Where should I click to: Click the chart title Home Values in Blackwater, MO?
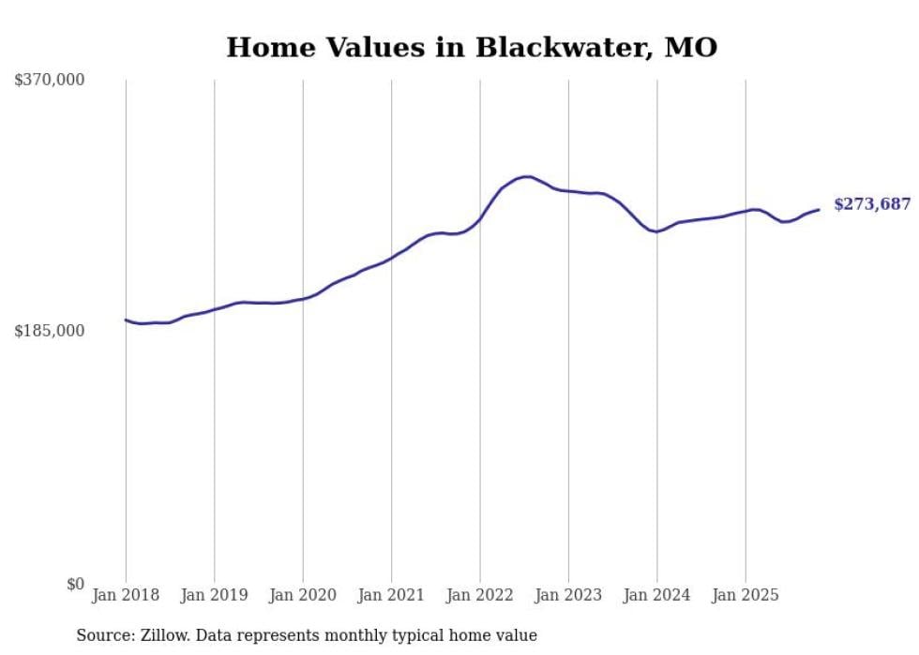(x=472, y=47)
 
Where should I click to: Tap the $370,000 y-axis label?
(x=50, y=81)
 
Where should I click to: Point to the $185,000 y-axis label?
(x=50, y=331)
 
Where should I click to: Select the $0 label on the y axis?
(x=75, y=584)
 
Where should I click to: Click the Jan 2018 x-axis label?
(x=126, y=595)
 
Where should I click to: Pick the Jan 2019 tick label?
(x=214, y=595)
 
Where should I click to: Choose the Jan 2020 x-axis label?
(x=303, y=595)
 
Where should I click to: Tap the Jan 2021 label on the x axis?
(x=391, y=595)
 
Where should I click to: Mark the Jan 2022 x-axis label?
(x=480, y=595)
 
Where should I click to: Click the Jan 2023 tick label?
(x=568, y=595)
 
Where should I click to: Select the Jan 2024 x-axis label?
(x=657, y=595)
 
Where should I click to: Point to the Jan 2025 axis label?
(x=746, y=595)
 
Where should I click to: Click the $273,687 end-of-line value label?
(x=871, y=204)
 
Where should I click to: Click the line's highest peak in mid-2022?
(x=527, y=176)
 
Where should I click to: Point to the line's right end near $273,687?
(x=819, y=209)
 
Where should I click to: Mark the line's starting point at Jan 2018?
(x=126, y=320)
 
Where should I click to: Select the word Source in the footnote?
(x=101, y=635)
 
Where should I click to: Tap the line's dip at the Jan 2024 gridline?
(x=657, y=231)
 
